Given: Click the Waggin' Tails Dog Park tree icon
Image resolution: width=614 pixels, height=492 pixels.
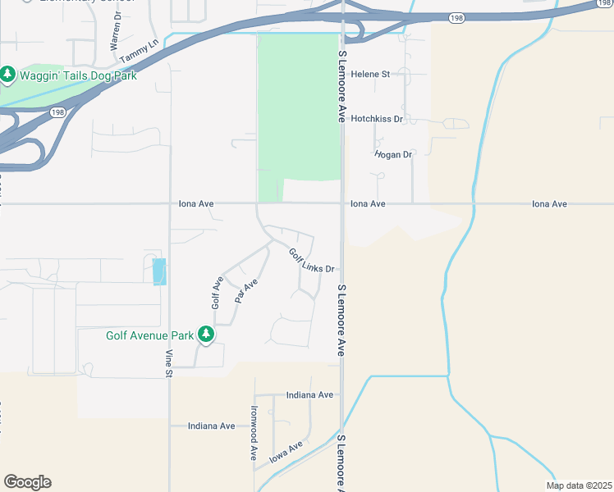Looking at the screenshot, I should tap(8, 75).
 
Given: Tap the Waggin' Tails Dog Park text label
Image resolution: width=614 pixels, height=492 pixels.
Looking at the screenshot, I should tap(78, 75).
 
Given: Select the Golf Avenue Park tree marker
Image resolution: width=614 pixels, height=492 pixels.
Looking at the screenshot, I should tap(205, 335).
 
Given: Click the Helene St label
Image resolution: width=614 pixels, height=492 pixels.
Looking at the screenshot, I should tap(369, 74).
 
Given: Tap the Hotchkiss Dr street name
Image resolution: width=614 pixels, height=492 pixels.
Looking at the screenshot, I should tap(378, 119).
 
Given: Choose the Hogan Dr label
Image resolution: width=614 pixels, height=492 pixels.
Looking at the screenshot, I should tap(392, 154).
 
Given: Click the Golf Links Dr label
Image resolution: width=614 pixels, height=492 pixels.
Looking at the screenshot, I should tap(313, 260).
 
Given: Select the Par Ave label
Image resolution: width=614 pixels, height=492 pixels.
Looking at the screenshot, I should tap(246, 291).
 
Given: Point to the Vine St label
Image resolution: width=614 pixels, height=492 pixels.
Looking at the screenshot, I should tap(170, 362).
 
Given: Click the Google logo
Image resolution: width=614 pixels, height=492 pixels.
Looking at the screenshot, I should tap(27, 482).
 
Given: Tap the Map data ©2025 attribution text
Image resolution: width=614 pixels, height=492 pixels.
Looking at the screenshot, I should tap(579, 485).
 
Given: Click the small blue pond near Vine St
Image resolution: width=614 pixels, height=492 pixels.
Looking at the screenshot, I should tap(159, 271).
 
